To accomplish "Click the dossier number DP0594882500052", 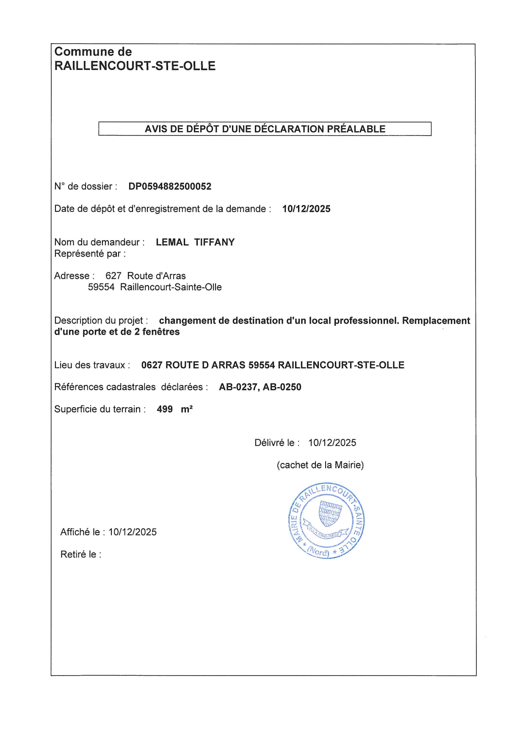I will coord(170,186).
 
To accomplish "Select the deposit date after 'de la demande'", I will coord(306,209).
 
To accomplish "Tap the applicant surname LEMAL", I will coord(172,242).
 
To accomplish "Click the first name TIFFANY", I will coord(214,242).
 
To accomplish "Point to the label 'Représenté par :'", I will coord(90,254).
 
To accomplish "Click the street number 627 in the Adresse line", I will coord(113,276).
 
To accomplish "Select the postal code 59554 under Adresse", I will coord(101,287).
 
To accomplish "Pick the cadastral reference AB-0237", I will coord(238,387).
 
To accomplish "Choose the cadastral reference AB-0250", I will coord(282,387).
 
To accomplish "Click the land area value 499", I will coord(165,409).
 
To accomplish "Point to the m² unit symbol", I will coord(187,409).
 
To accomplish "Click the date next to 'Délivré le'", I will coord(332,443).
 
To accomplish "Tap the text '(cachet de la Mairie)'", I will coord(320,465).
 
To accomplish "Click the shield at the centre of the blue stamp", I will coord(330,513).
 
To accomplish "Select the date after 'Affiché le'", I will coord(133,532).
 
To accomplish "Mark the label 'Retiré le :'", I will coord(81,554).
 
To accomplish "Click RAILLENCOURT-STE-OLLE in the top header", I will coord(135,66).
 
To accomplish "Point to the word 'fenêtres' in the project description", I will coord(161,332).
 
